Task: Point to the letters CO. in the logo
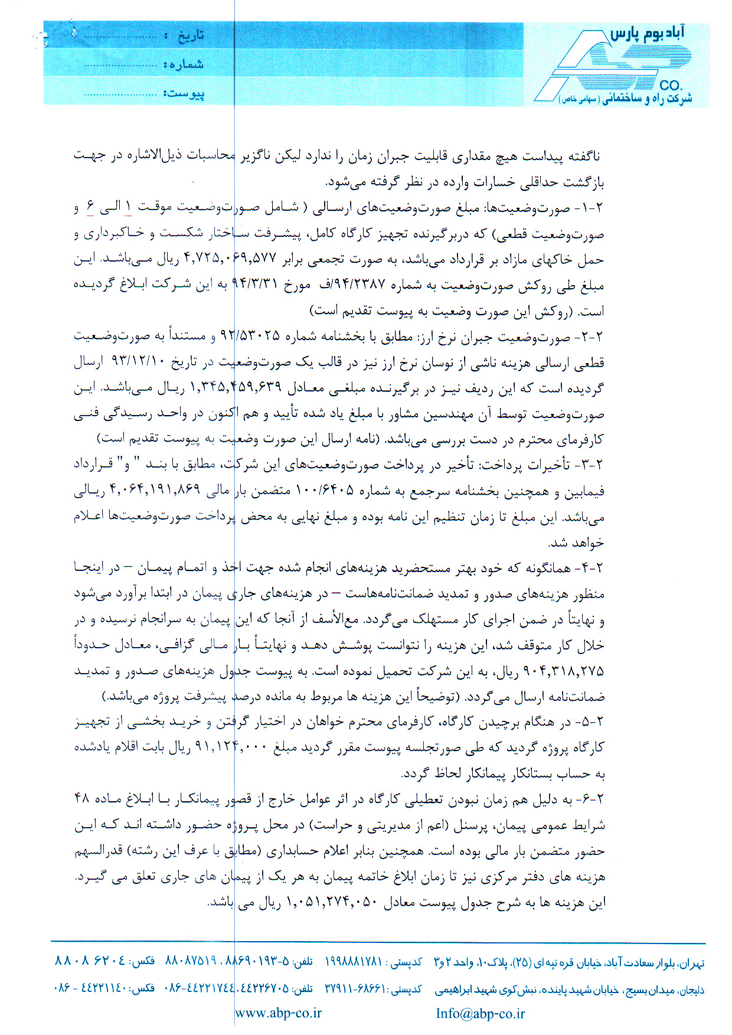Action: click(671, 85)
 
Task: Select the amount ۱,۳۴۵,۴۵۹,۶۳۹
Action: click(235, 388)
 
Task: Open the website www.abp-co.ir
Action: click(279, 1013)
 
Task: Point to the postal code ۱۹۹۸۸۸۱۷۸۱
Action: click(354, 962)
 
